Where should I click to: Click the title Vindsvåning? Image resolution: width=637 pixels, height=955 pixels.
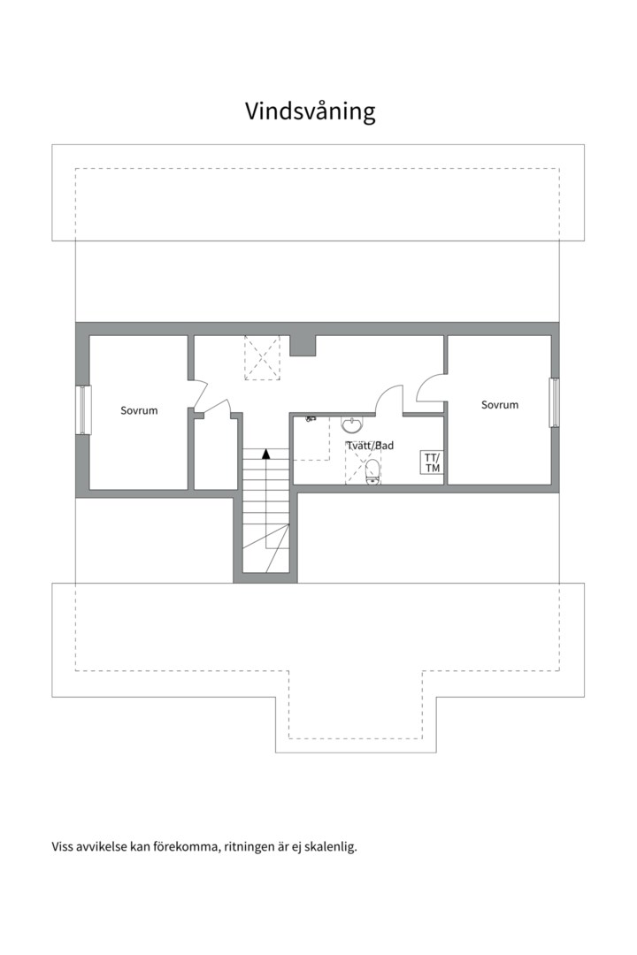[x=310, y=111]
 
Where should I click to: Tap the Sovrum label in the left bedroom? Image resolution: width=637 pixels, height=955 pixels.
[x=139, y=410]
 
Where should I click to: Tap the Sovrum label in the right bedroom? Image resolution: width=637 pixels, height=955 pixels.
[x=500, y=405]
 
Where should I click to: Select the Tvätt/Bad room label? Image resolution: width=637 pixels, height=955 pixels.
[x=370, y=446]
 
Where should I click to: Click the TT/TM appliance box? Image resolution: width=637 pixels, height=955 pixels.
[x=432, y=462]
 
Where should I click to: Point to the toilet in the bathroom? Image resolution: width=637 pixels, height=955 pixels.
[x=372, y=471]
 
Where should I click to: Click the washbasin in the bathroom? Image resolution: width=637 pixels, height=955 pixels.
[x=352, y=425]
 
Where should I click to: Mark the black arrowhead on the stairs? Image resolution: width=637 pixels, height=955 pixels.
[x=265, y=454]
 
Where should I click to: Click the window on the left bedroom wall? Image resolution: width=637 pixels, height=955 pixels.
[x=83, y=409]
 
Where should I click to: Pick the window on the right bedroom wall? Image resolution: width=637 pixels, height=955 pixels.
[x=554, y=402]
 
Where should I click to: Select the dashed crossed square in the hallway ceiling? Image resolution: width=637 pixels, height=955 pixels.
[x=262, y=357]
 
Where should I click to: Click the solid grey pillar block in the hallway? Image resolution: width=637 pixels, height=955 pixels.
[x=303, y=345]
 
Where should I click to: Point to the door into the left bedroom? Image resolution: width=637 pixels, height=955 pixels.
[x=200, y=393]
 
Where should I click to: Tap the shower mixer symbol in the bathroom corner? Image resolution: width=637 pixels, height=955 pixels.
[x=311, y=419]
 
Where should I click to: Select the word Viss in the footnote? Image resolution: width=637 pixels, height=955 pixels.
[x=64, y=847]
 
